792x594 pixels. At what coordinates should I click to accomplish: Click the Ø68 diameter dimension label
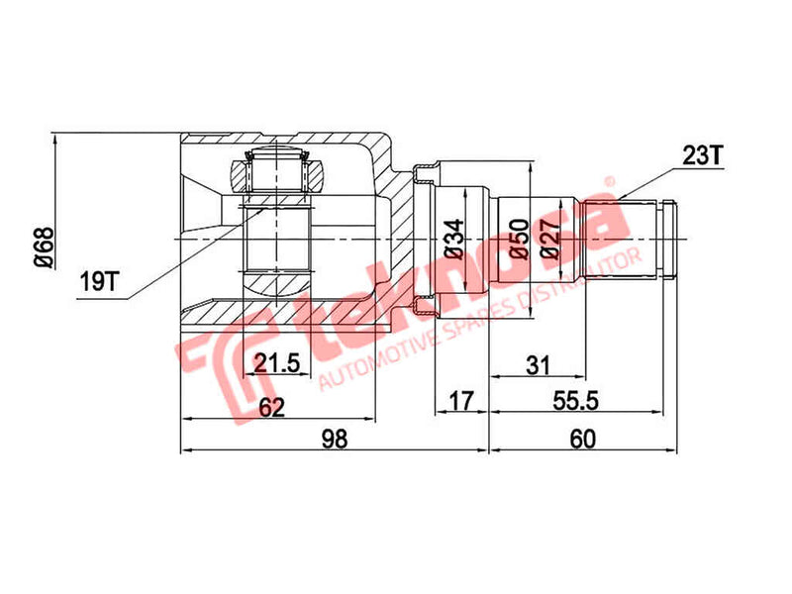coord(42,247)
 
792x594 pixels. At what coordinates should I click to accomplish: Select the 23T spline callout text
coord(703,154)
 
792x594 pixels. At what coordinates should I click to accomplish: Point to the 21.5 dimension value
coord(277,364)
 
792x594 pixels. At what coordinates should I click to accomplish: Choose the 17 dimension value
coord(461,401)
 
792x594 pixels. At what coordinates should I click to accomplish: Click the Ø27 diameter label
coord(552,239)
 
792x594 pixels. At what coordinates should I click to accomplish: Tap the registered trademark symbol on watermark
coord(611,184)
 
